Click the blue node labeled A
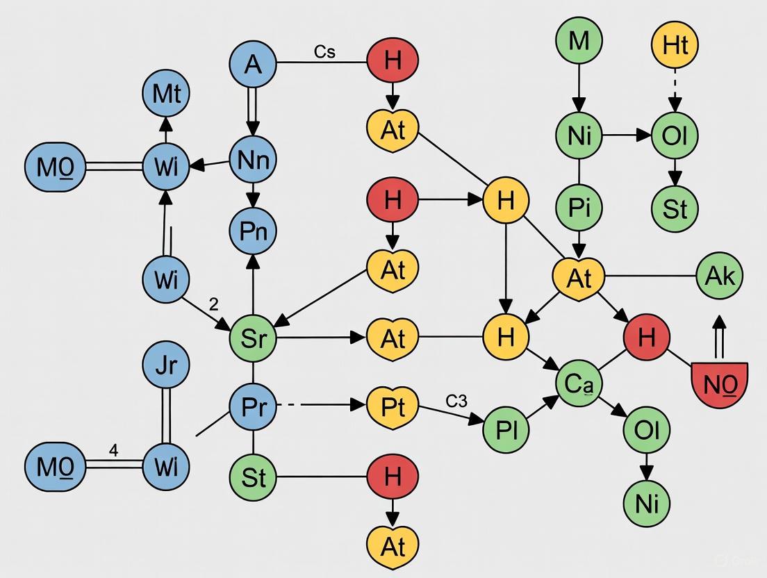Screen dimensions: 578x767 click(x=253, y=64)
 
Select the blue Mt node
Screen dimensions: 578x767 click(x=165, y=94)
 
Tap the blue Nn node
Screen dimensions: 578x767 click(x=253, y=160)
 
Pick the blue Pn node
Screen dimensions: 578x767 click(x=253, y=230)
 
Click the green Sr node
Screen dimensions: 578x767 click(x=253, y=339)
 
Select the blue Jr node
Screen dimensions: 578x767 click(x=165, y=366)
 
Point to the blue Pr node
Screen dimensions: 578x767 click(x=253, y=407)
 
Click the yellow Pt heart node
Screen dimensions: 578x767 click(x=393, y=407)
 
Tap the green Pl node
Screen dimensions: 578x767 click(x=506, y=429)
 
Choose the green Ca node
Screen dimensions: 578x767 click(x=579, y=383)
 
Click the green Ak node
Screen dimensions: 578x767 click(x=719, y=276)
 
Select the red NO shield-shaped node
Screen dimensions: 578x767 click(x=719, y=384)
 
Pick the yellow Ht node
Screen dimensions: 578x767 click(x=675, y=45)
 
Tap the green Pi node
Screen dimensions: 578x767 click(x=579, y=208)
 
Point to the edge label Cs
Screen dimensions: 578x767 click(x=324, y=52)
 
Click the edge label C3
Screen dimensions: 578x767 click(x=456, y=401)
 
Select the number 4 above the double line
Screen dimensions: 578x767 click(x=114, y=450)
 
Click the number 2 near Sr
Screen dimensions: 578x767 click(x=213, y=304)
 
